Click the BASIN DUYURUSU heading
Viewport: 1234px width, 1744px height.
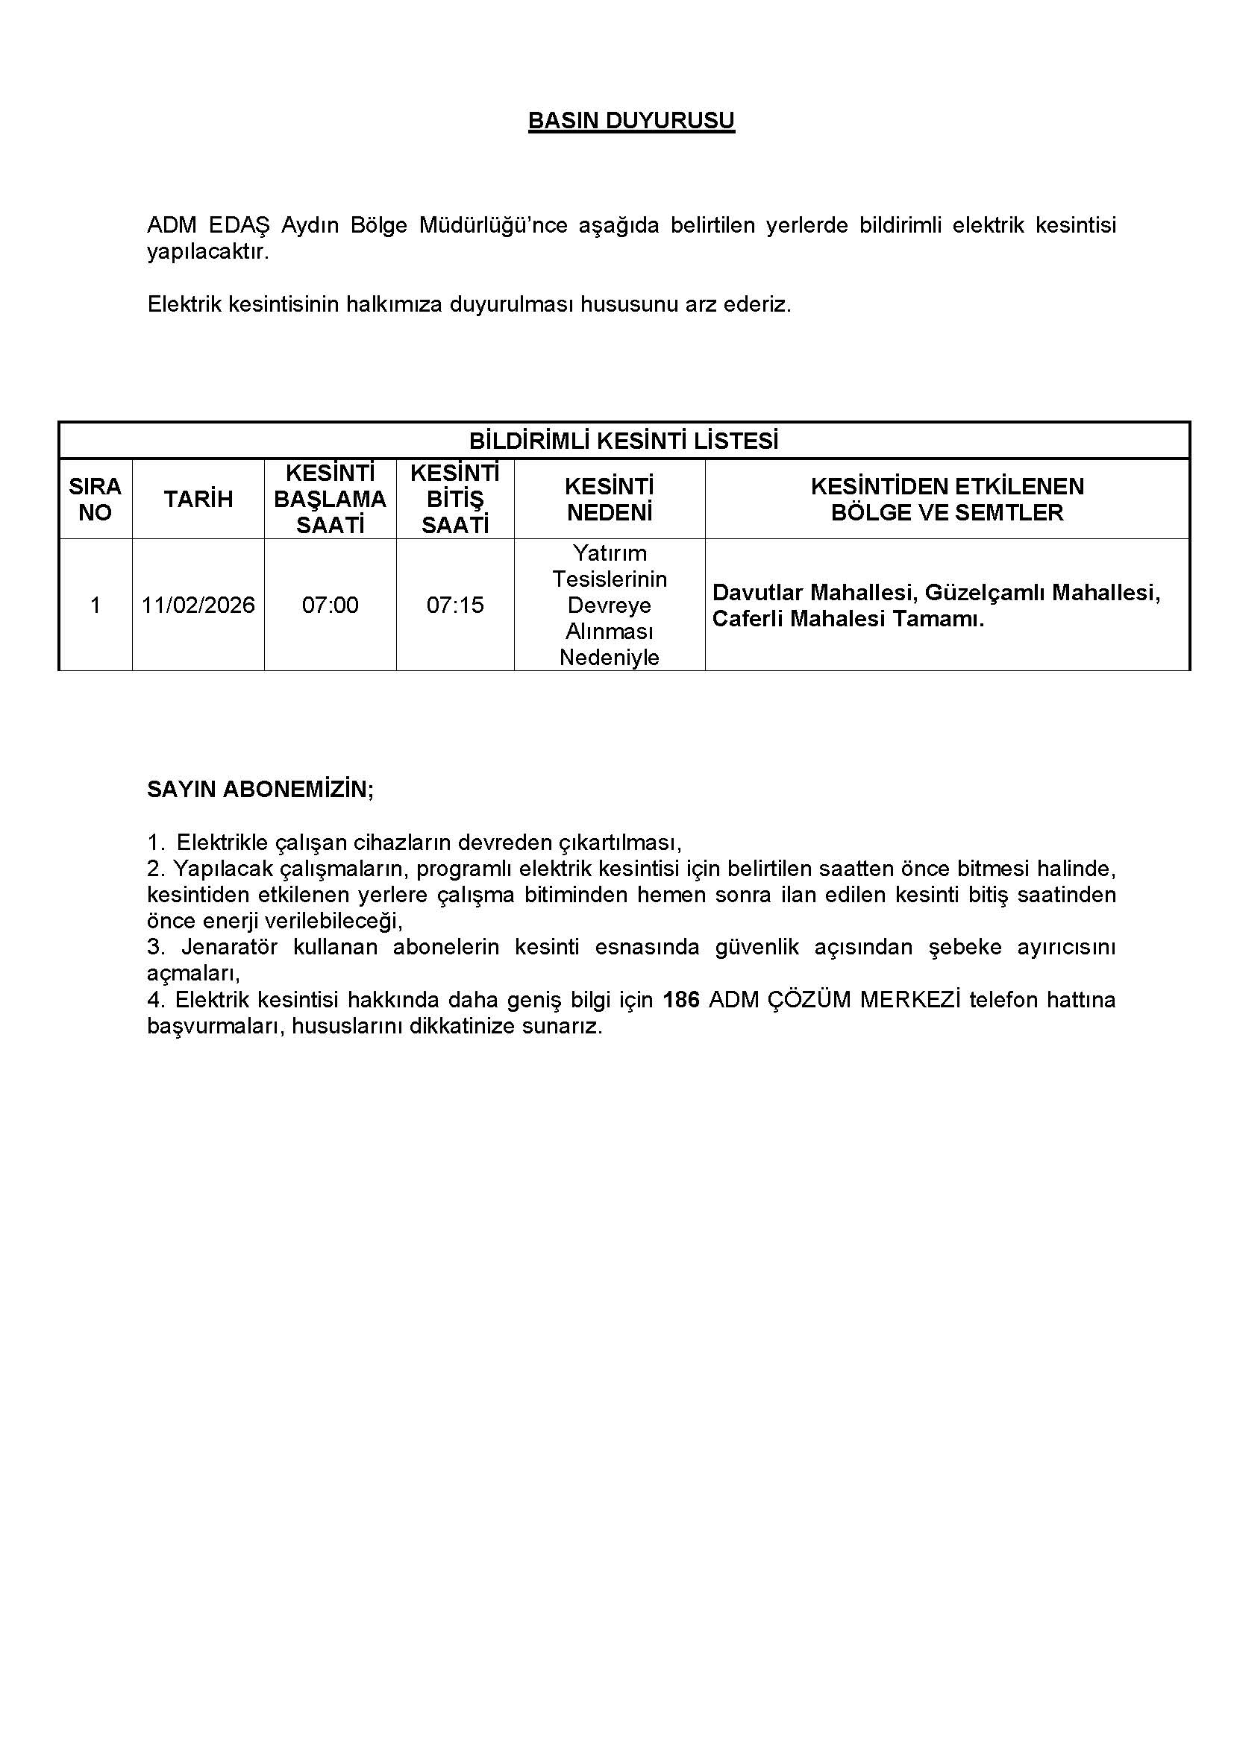click(x=630, y=121)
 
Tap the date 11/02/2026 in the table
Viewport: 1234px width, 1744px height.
click(x=198, y=605)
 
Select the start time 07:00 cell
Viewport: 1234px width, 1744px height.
click(x=330, y=605)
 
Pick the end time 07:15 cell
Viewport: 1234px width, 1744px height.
click(x=455, y=605)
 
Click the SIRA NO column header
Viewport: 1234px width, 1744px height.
click(x=95, y=499)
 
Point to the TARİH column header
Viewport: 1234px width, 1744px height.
click(x=198, y=499)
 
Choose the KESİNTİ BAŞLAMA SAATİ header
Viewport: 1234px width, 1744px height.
click(x=330, y=499)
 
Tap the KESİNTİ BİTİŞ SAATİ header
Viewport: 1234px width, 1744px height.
click(x=455, y=499)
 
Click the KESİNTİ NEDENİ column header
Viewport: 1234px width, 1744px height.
click(x=610, y=499)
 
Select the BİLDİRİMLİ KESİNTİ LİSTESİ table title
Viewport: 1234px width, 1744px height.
click(x=623, y=441)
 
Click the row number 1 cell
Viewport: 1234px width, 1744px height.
click(x=95, y=605)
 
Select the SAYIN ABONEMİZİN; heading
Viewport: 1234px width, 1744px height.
click(x=260, y=789)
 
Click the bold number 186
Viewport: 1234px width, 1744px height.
click(x=681, y=1001)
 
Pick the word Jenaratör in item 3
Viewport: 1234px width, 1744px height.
click(x=230, y=948)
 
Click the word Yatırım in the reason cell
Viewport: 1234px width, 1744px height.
click(x=610, y=553)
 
